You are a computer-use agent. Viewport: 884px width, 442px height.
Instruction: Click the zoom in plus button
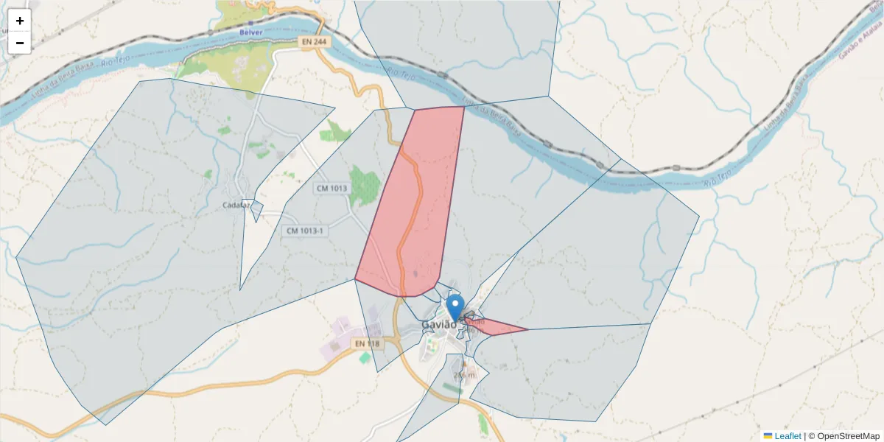(19, 21)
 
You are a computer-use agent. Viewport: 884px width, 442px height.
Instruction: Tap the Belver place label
(250, 32)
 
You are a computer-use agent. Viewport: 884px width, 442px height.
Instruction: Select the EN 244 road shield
(315, 43)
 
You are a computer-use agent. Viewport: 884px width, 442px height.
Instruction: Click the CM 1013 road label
(331, 188)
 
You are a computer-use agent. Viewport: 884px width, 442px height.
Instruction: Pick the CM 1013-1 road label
(305, 231)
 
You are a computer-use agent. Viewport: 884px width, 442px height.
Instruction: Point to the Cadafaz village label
(236, 206)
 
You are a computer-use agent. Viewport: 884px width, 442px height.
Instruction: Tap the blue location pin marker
(455, 305)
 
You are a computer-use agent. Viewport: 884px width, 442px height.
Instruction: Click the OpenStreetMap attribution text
(844, 436)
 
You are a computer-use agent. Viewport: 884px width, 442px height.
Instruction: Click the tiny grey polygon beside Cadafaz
(256, 210)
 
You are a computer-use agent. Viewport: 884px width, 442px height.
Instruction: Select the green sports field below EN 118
(365, 357)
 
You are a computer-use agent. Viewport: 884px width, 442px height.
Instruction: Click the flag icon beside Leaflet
(768, 436)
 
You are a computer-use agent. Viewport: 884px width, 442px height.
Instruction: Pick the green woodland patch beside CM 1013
(364, 184)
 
